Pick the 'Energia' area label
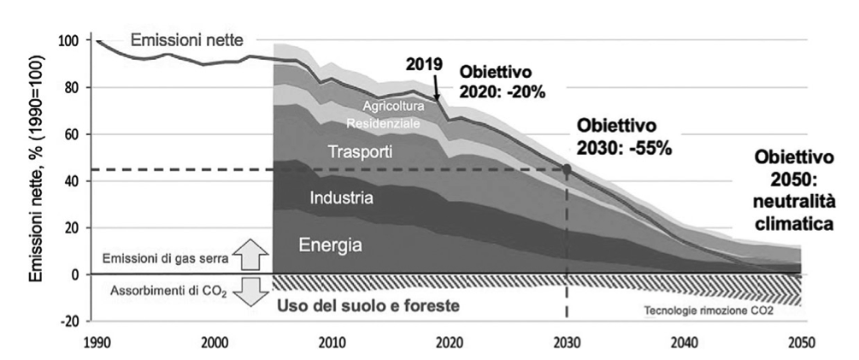[x=331, y=245]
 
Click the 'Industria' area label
[x=341, y=198]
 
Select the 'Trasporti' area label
[x=361, y=153]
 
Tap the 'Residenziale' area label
[x=383, y=123]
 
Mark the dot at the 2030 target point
[x=567, y=168]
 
